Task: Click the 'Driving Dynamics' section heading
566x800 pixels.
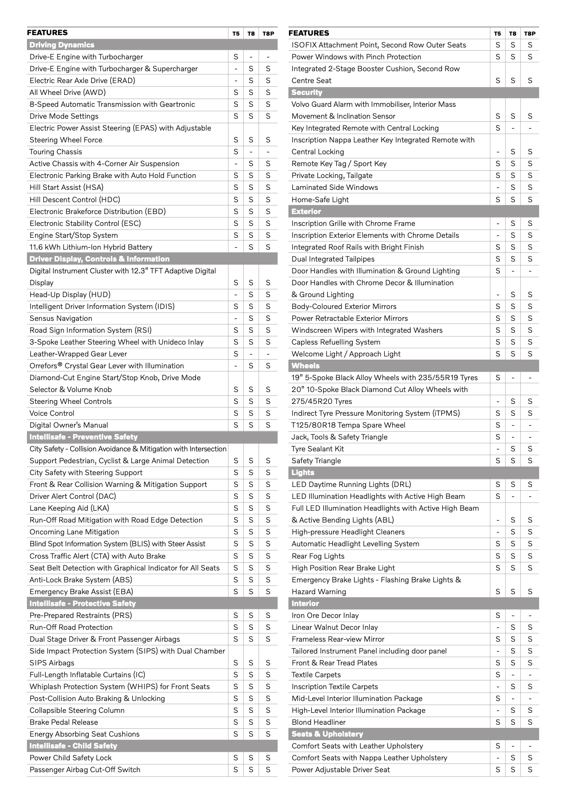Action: click(x=62, y=45)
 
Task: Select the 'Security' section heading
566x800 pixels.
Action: click(x=306, y=92)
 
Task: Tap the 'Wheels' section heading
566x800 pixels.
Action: click(x=305, y=366)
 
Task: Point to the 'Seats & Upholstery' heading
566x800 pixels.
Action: click(x=327, y=734)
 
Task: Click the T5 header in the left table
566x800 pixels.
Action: click(x=236, y=33)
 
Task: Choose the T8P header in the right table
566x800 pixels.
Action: click(x=529, y=33)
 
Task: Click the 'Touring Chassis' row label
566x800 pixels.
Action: click(x=56, y=152)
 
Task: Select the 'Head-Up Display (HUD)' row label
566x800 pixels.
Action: click(x=70, y=294)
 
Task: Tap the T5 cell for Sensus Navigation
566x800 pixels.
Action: click(x=236, y=318)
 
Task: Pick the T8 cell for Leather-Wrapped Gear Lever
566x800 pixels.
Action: click(x=251, y=354)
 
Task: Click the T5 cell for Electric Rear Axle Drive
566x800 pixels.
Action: click(x=236, y=80)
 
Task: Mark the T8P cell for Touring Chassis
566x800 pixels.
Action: click(x=268, y=152)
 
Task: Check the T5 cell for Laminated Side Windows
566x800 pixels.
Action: click(x=498, y=187)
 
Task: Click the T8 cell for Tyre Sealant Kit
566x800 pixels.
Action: click(x=513, y=449)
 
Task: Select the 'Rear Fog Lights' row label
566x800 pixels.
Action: click(x=318, y=556)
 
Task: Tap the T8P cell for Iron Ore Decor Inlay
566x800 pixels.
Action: click(x=529, y=615)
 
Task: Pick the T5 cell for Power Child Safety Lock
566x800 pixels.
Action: click(x=236, y=758)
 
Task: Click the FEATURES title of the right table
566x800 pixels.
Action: click(x=309, y=33)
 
